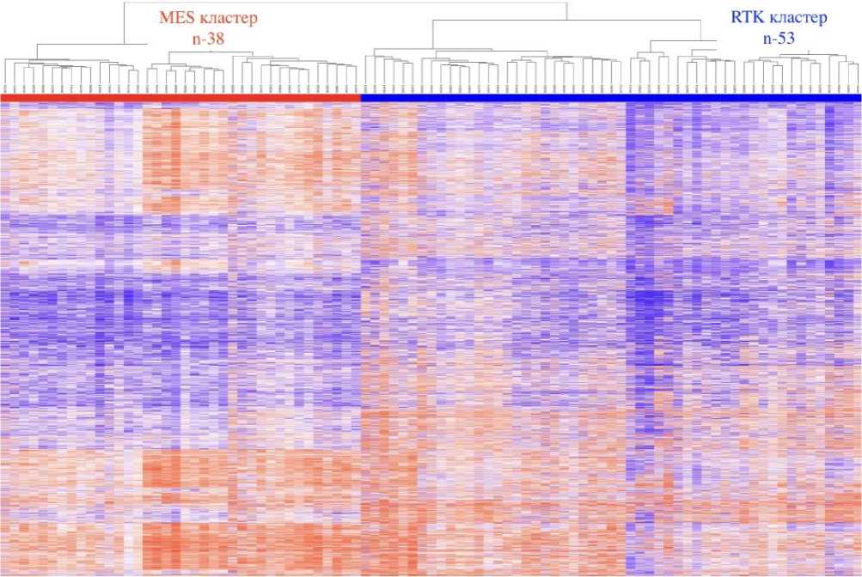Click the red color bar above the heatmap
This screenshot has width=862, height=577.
coord(180,98)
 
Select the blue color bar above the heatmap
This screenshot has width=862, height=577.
coord(610,98)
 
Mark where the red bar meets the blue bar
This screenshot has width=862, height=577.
coord(361,98)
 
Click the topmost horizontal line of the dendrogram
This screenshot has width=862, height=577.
coord(344,3)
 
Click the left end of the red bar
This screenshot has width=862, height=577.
coord(3,98)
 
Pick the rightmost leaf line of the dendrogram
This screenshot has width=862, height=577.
coord(858,77)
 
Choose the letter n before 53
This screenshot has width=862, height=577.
coord(767,38)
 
